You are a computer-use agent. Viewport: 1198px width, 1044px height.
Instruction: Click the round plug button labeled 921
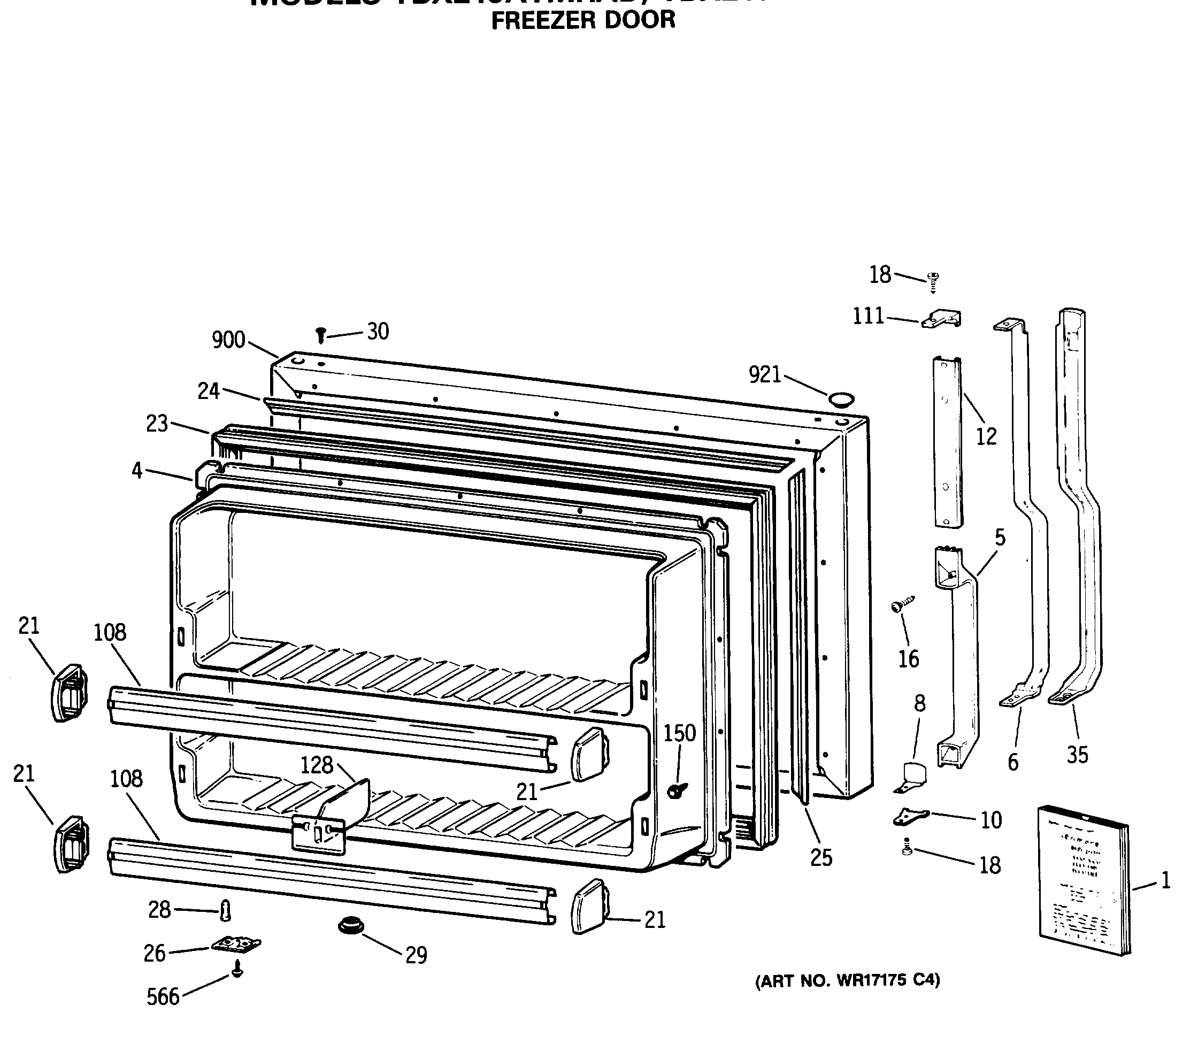pyautogui.click(x=841, y=399)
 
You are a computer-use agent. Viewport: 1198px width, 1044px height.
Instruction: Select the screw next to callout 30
pyautogui.click(x=320, y=335)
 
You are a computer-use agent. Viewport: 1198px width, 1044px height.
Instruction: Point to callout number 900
pyautogui.click(x=228, y=340)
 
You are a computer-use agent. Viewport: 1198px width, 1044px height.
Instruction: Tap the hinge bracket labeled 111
pyautogui.click(x=942, y=319)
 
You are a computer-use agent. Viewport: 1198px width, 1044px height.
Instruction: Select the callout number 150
pyautogui.click(x=679, y=733)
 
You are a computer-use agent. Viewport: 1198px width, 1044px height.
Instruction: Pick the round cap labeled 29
pyautogui.click(x=351, y=925)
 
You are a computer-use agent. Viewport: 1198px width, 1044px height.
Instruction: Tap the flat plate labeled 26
pyautogui.click(x=235, y=944)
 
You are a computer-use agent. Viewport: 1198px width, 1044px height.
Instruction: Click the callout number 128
pyautogui.click(x=317, y=765)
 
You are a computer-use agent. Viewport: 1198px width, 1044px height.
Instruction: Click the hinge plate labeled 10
pyautogui.click(x=910, y=816)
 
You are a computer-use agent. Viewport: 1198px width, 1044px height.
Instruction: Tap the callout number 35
pyautogui.click(x=1077, y=755)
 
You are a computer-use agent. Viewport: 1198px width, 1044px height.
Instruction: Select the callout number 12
pyautogui.click(x=987, y=436)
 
